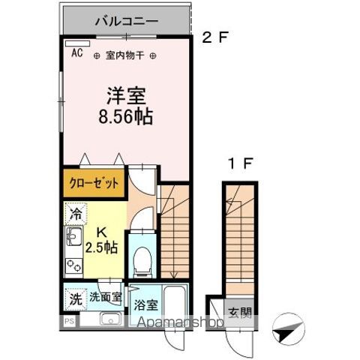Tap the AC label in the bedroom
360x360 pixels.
click(76, 52)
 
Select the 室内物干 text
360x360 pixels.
click(125, 55)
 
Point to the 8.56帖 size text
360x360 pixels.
click(124, 118)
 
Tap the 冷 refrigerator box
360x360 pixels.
click(76, 214)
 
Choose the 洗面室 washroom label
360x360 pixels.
click(105, 297)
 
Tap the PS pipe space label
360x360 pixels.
click(68, 322)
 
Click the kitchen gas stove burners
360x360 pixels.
click(73, 265)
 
